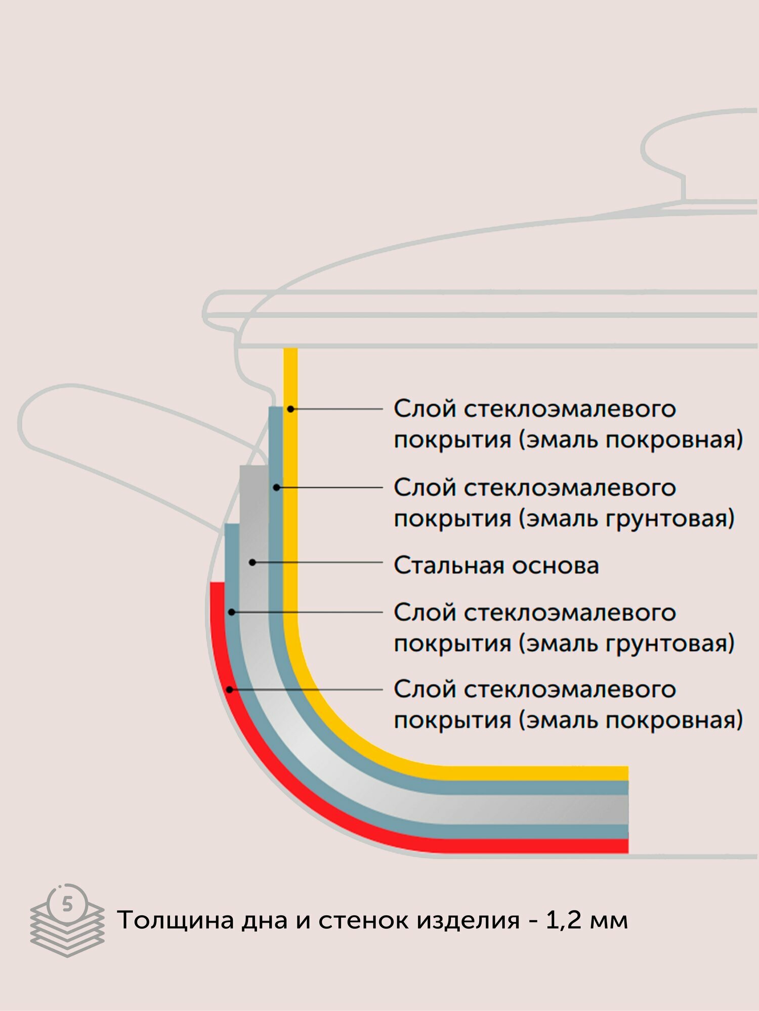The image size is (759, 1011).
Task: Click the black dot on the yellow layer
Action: [290, 408]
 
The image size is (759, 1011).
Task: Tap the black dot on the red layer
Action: [230, 689]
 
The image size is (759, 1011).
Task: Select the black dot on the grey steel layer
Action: [252, 562]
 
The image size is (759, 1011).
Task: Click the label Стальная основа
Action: [496, 565]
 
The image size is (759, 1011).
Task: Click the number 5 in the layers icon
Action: [67, 904]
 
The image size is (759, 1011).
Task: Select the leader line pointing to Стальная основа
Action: [319, 562]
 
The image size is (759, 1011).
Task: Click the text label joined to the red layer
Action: [567, 704]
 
